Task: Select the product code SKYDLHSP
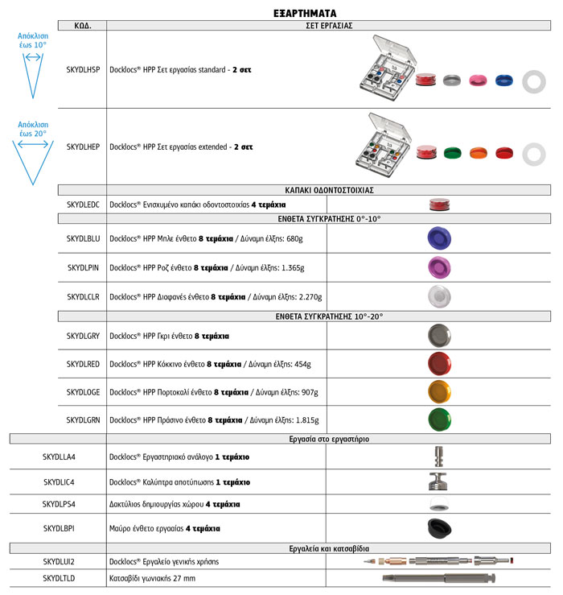(83, 70)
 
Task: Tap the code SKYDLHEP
(83, 147)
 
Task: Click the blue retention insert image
(439, 238)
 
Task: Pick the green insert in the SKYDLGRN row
(439, 419)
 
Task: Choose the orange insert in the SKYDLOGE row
(439, 391)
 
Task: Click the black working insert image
(439, 528)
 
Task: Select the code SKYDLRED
(83, 365)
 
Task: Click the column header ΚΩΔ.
(83, 26)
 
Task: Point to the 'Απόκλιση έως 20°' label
(33, 129)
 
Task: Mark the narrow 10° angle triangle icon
(33, 73)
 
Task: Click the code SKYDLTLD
(59, 578)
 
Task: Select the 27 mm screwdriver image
(439, 577)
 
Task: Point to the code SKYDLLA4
(59, 457)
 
